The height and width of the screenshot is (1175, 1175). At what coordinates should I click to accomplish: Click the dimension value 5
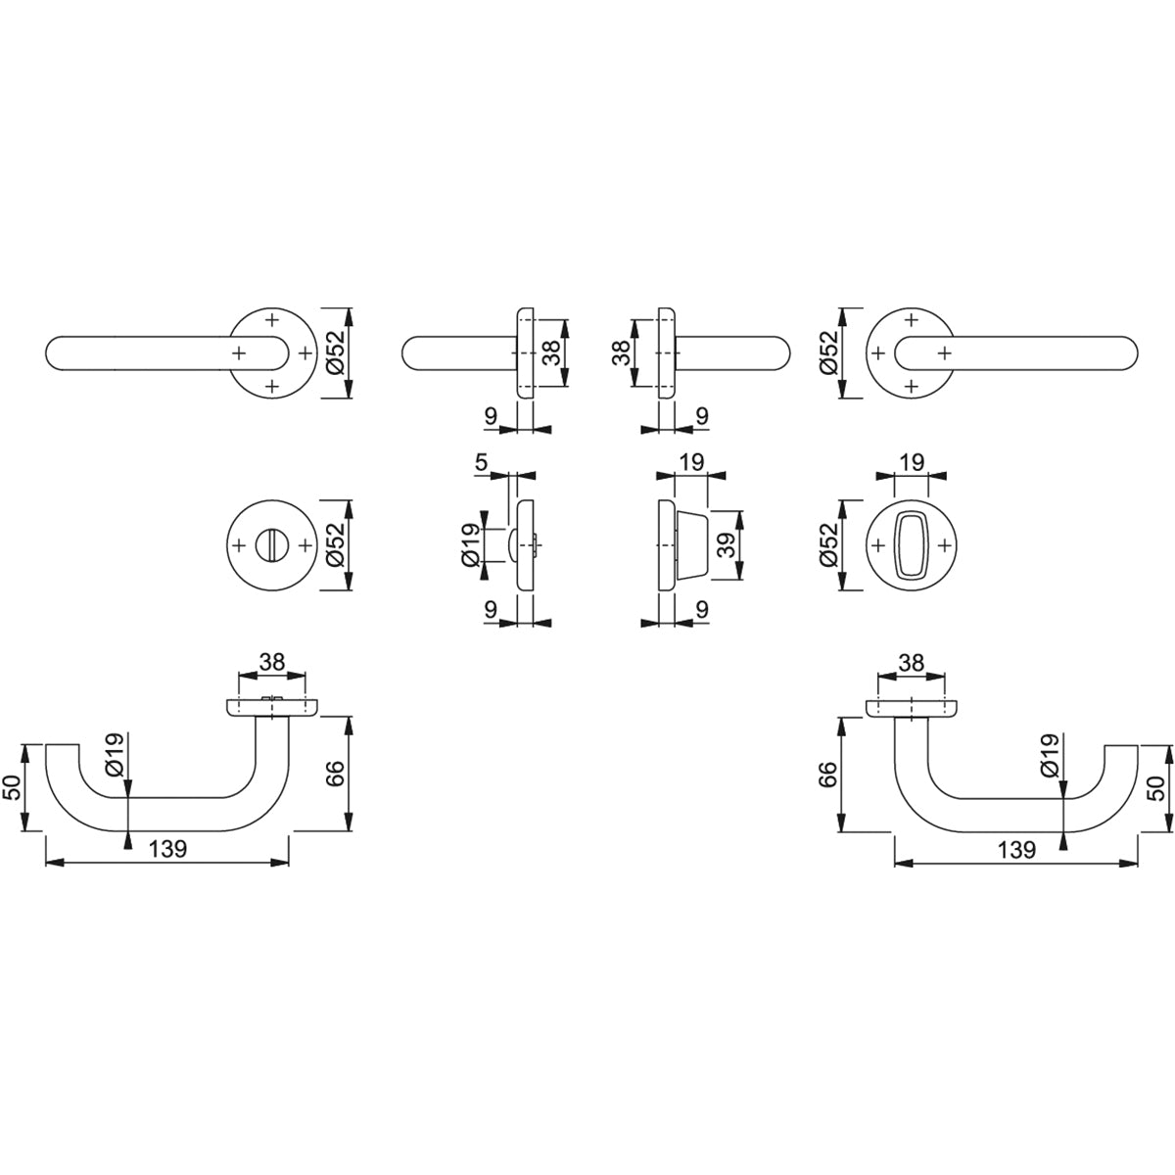[x=481, y=462]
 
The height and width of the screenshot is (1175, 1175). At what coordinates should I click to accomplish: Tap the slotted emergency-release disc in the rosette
[x=272, y=544]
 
